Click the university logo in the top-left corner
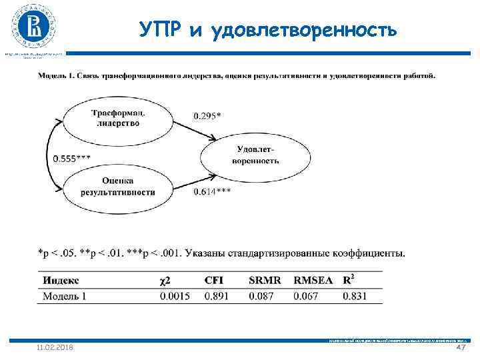coord(34,27)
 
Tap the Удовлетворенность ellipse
coord(255,155)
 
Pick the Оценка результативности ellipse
coord(118,186)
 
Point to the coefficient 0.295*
coord(207,115)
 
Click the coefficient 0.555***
coord(72,157)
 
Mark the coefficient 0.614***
coord(212,192)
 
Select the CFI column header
coord(214,281)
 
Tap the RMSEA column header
coord(313,281)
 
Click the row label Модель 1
coord(65,295)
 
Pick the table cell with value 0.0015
coord(175,295)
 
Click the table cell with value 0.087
coord(261,295)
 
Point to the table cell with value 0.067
coord(306,295)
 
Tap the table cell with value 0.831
coord(355,295)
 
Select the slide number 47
coord(459,348)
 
